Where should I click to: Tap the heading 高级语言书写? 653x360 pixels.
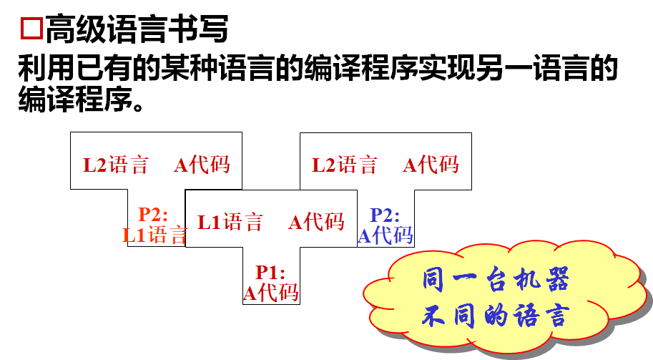[x=137, y=29]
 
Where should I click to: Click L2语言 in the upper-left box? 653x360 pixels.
[x=116, y=165]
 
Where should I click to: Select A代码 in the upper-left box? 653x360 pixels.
[x=202, y=165]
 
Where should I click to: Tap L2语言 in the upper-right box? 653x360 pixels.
[x=345, y=165]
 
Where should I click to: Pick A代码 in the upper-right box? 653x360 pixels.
[x=431, y=165]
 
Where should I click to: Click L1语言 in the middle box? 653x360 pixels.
[x=230, y=223]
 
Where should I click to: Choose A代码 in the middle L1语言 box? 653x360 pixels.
[x=316, y=223]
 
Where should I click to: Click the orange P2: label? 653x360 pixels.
[x=153, y=214]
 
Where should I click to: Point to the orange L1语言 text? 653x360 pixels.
[x=154, y=234]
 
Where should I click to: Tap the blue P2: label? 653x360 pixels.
[x=385, y=215]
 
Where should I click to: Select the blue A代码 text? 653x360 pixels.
[x=385, y=235]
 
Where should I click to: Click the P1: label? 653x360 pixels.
[x=271, y=273]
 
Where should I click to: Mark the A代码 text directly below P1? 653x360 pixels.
[x=271, y=292]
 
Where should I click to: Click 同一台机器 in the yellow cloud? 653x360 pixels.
[x=496, y=281]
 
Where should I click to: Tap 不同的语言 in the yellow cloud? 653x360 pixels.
[x=496, y=316]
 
